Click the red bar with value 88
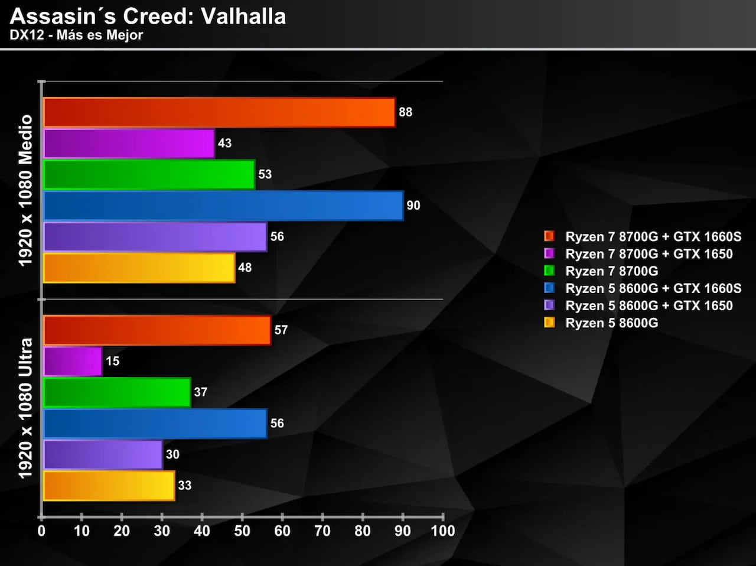pos(219,112)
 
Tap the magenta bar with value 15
pos(72,361)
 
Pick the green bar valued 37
pos(117,392)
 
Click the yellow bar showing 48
pos(139,268)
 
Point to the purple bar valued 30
pos(102,454)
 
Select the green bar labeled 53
pos(149,174)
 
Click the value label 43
pos(224,143)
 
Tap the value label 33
pos(185,486)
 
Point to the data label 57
pos(281,330)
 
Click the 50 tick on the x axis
pos(242,531)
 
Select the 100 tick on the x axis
pos(443,531)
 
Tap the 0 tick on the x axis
pos(41,531)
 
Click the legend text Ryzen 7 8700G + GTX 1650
pos(649,254)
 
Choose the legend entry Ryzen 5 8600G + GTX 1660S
pos(653,288)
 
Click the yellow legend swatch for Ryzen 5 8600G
pos(549,323)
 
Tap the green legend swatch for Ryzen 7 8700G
pos(549,271)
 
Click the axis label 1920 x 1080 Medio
pos(25,190)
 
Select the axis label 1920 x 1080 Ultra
pos(25,408)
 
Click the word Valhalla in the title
pos(243,17)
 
